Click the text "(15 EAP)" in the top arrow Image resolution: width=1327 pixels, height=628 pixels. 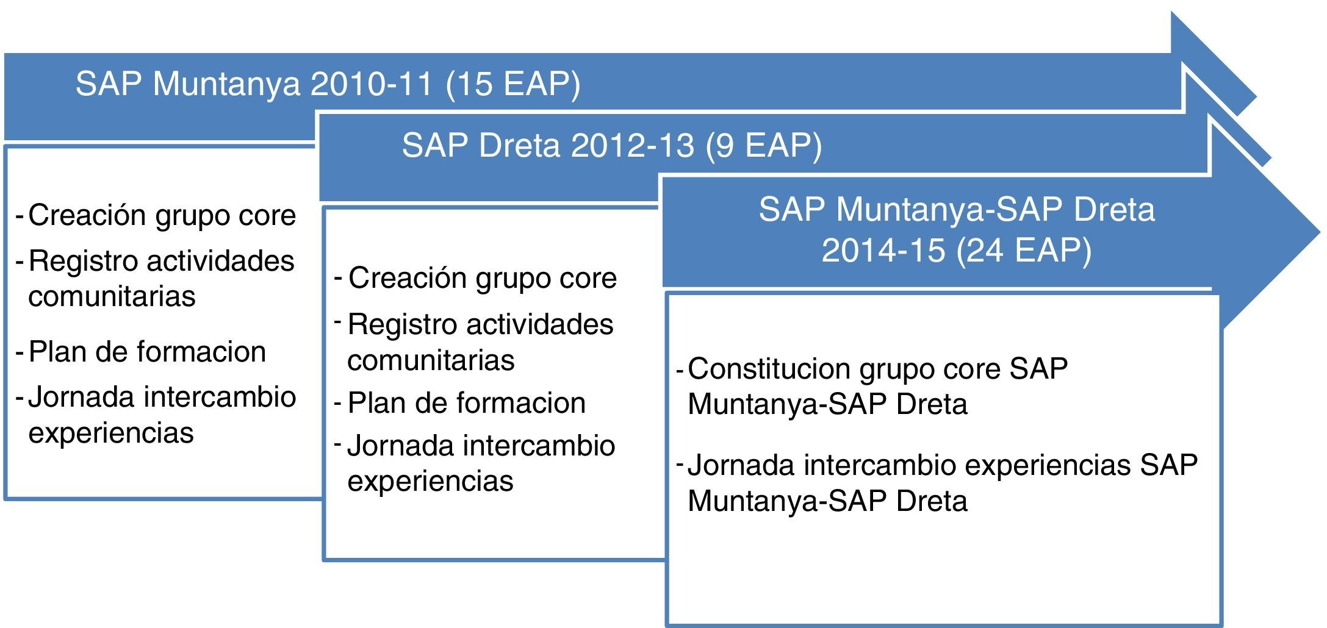[x=513, y=84]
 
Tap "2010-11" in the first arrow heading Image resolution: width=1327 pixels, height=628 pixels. [x=372, y=84]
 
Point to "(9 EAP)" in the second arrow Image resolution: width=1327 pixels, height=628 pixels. [x=763, y=146]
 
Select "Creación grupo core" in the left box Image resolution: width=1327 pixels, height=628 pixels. [x=162, y=216]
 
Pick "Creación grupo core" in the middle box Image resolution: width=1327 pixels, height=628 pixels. [x=483, y=279]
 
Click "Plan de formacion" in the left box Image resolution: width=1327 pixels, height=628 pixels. [x=147, y=352]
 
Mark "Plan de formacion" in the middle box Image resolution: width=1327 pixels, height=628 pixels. [x=467, y=403]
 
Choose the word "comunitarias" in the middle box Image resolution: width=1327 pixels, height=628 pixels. [x=431, y=360]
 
